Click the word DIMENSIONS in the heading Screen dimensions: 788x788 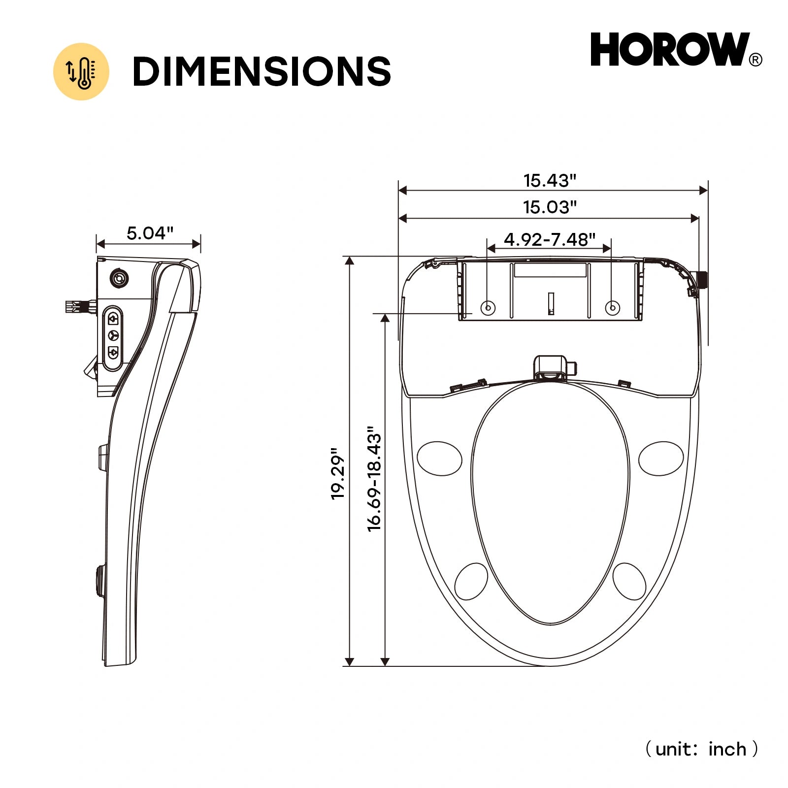(262, 71)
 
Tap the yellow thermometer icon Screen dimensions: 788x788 (81, 72)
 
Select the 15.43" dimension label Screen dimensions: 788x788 (549, 180)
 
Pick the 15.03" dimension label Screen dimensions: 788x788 (549, 207)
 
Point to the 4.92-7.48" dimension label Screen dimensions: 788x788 (549, 239)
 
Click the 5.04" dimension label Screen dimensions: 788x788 (150, 233)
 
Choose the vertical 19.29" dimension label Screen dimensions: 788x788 (337, 473)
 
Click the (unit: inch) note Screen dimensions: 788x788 (701, 749)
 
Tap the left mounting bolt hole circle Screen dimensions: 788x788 (488, 308)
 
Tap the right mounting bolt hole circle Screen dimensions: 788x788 (612, 308)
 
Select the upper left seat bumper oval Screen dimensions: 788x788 (439, 459)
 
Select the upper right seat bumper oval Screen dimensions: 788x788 (661, 459)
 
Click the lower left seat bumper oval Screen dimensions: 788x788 (471, 582)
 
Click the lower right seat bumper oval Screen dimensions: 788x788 (629, 582)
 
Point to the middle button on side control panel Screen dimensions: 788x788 (113, 335)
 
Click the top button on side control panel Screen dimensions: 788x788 (113, 319)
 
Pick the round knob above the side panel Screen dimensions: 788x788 (119, 279)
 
